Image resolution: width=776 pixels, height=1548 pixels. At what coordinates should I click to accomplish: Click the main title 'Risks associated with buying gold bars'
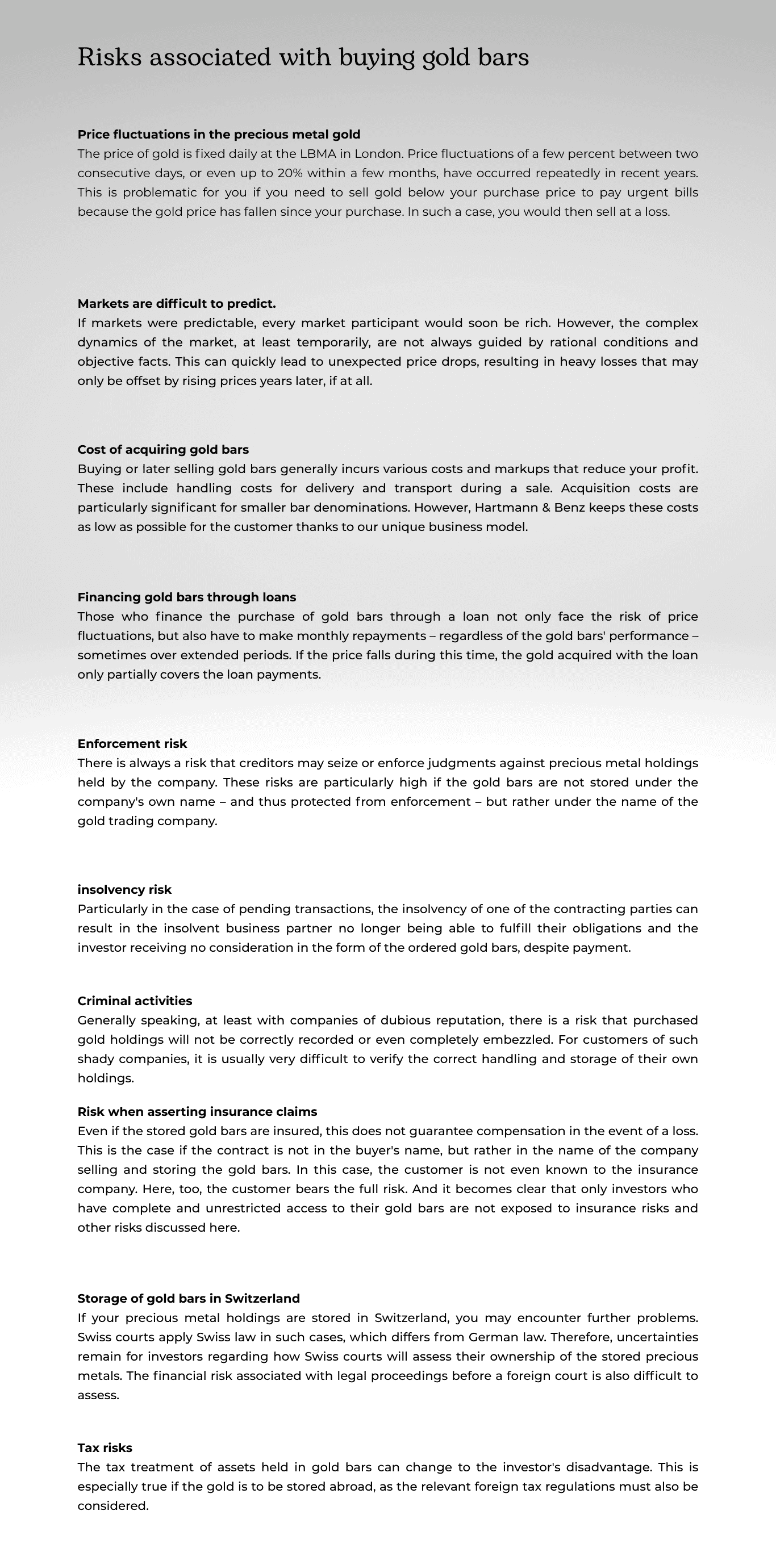(303, 58)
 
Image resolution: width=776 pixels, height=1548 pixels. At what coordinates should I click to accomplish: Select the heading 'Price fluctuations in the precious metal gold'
(219, 134)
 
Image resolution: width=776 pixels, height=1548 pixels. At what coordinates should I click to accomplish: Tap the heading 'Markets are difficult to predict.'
(176, 303)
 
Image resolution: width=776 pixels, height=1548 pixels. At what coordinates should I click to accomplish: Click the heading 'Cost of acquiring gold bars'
(163, 450)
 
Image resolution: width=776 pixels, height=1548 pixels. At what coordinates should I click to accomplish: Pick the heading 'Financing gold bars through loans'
(186, 597)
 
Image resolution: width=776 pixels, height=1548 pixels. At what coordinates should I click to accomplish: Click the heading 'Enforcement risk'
(132, 744)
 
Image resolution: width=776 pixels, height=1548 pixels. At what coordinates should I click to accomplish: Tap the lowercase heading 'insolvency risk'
(124, 889)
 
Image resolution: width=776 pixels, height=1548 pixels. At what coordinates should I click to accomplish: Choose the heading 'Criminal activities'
(135, 1001)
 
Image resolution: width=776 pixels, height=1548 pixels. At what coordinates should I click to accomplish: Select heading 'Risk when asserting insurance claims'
(197, 1112)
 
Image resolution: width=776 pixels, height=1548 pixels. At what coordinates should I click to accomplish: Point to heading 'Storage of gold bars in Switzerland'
(188, 1299)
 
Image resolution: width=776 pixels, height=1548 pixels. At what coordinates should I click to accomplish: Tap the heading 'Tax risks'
(105, 1448)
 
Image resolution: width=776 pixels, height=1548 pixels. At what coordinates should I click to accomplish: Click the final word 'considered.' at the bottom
(112, 1506)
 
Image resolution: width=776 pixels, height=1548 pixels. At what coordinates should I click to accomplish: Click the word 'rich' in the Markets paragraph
(536, 323)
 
